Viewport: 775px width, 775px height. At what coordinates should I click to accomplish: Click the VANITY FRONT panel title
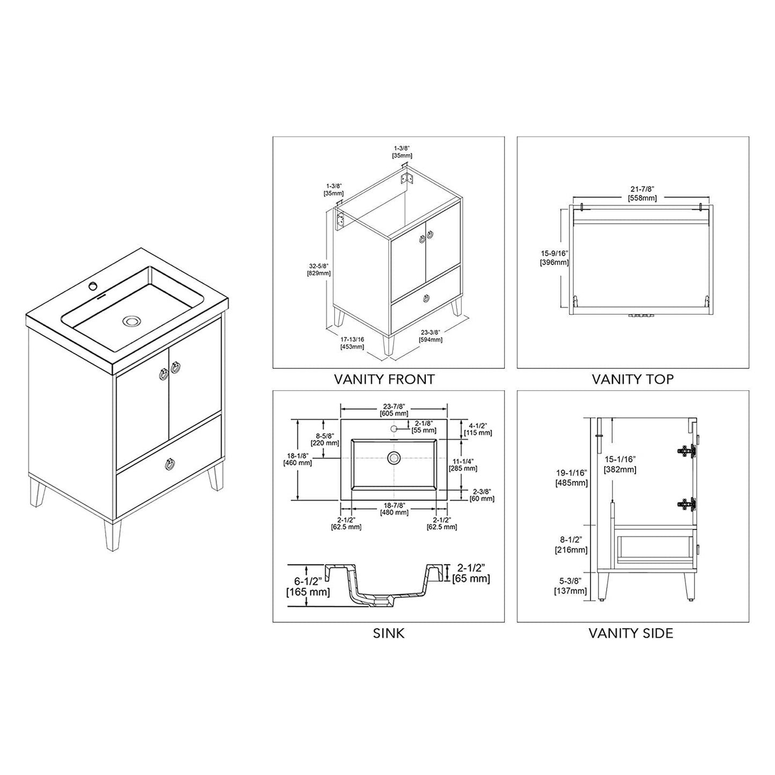pyautogui.click(x=384, y=379)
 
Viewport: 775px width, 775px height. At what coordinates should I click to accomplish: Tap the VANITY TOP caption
pyautogui.click(x=633, y=379)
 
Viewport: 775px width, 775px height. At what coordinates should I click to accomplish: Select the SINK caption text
pyautogui.click(x=388, y=633)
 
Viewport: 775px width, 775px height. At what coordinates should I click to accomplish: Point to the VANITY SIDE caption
pyautogui.click(x=631, y=633)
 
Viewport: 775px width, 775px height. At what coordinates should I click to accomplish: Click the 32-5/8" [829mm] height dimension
pyautogui.click(x=319, y=269)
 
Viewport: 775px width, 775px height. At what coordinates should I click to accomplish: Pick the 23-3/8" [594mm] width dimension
pyautogui.click(x=431, y=336)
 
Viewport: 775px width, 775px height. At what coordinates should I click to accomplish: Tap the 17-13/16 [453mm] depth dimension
pyautogui.click(x=352, y=343)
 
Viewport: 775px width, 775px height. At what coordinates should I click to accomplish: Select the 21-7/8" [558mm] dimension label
pyautogui.click(x=642, y=194)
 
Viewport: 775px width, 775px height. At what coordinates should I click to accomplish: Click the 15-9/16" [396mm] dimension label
pyautogui.click(x=554, y=258)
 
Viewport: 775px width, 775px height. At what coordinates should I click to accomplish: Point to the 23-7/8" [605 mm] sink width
pyautogui.click(x=394, y=409)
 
